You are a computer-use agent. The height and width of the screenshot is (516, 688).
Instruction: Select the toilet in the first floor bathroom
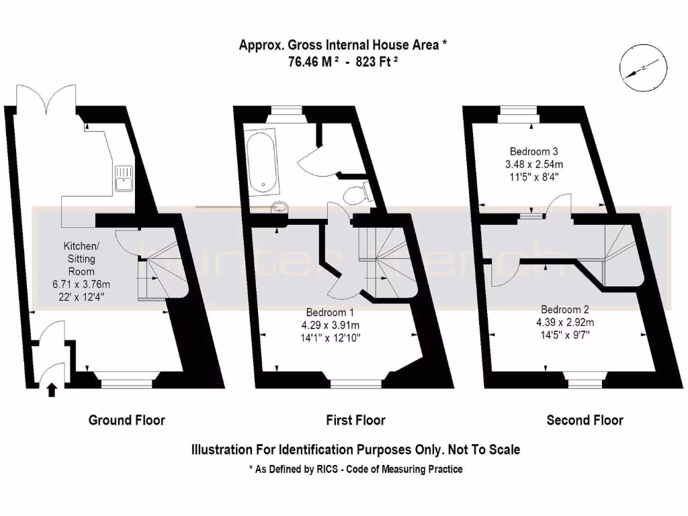coord(355,194)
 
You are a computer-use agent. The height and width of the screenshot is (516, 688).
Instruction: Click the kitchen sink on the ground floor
coord(124,178)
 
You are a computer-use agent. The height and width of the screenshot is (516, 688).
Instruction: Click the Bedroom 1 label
coord(331,312)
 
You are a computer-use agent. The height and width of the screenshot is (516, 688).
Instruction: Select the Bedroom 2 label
coord(565,310)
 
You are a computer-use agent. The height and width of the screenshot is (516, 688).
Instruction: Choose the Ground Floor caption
coord(126,421)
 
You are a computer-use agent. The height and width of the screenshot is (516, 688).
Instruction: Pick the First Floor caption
coord(355,421)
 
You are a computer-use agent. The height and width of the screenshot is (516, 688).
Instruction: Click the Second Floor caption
coord(585,421)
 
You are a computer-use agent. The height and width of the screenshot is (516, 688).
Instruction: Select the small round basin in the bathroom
coord(278,208)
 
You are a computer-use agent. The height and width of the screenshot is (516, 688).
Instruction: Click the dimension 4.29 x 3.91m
coord(331,325)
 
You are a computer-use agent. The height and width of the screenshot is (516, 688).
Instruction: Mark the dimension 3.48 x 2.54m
coord(533,164)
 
